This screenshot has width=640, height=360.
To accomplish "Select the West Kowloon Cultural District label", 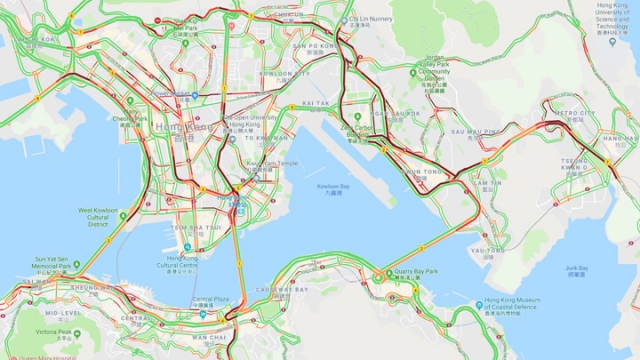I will click(x=98, y=218).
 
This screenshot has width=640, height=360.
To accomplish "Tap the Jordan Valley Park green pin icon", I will click(x=413, y=72).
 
